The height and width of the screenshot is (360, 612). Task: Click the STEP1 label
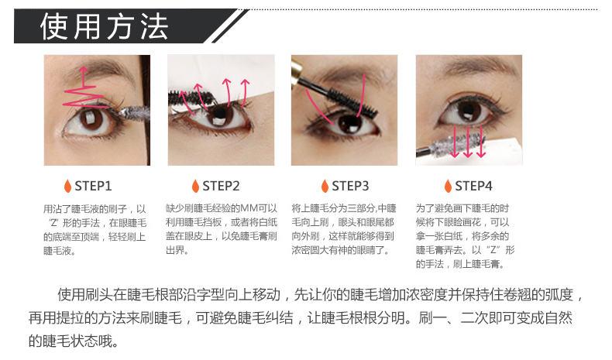93,186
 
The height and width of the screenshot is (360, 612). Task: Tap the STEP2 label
221,186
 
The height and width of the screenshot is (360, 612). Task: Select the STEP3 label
350,186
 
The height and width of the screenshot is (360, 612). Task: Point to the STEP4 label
473,186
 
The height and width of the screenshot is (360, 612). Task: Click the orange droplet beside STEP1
67,186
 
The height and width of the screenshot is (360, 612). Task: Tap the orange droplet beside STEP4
448,186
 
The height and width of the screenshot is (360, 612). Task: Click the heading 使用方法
105,26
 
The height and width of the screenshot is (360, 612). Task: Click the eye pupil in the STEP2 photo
219,115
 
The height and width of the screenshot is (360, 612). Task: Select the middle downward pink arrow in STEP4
468,141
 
